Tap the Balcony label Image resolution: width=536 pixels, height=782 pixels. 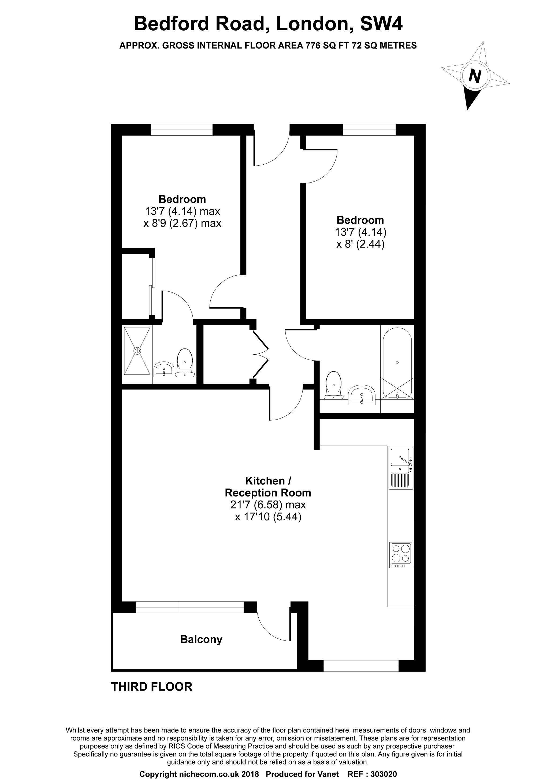(x=201, y=639)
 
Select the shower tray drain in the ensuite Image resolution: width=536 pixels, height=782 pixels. (x=137, y=351)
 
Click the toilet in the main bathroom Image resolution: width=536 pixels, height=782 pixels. (x=333, y=385)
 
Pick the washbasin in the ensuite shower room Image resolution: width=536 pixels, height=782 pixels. (x=163, y=369)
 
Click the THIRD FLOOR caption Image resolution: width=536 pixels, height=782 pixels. (x=152, y=687)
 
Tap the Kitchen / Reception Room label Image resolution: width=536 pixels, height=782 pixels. (x=268, y=487)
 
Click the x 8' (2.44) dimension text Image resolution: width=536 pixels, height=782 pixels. (x=360, y=244)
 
